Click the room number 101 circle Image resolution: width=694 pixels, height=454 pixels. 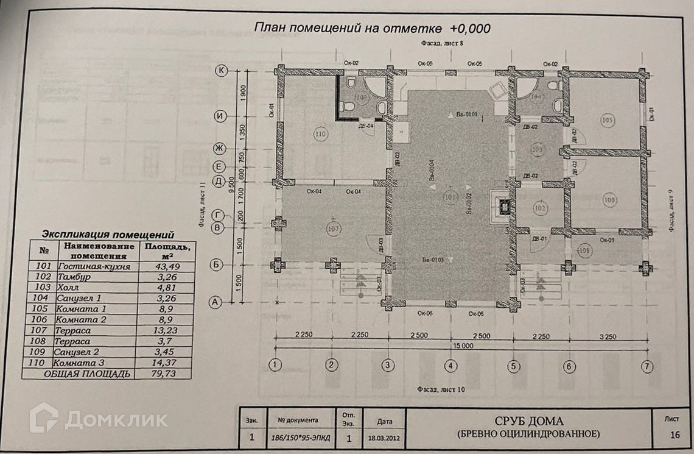[450, 197]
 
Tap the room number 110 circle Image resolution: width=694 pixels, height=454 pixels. [318, 133]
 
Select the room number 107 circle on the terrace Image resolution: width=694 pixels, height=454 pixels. [332, 228]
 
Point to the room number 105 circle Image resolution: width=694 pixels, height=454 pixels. [607, 120]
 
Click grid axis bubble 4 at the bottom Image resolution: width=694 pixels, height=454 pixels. [450, 366]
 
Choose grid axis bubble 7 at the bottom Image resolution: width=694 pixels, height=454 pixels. [647, 366]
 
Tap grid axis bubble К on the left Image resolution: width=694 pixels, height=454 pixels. [222, 71]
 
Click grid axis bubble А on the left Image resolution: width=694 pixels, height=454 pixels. [214, 302]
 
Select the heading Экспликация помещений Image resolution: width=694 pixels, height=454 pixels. [108, 233]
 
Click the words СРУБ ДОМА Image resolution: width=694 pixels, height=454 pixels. [528, 421]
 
